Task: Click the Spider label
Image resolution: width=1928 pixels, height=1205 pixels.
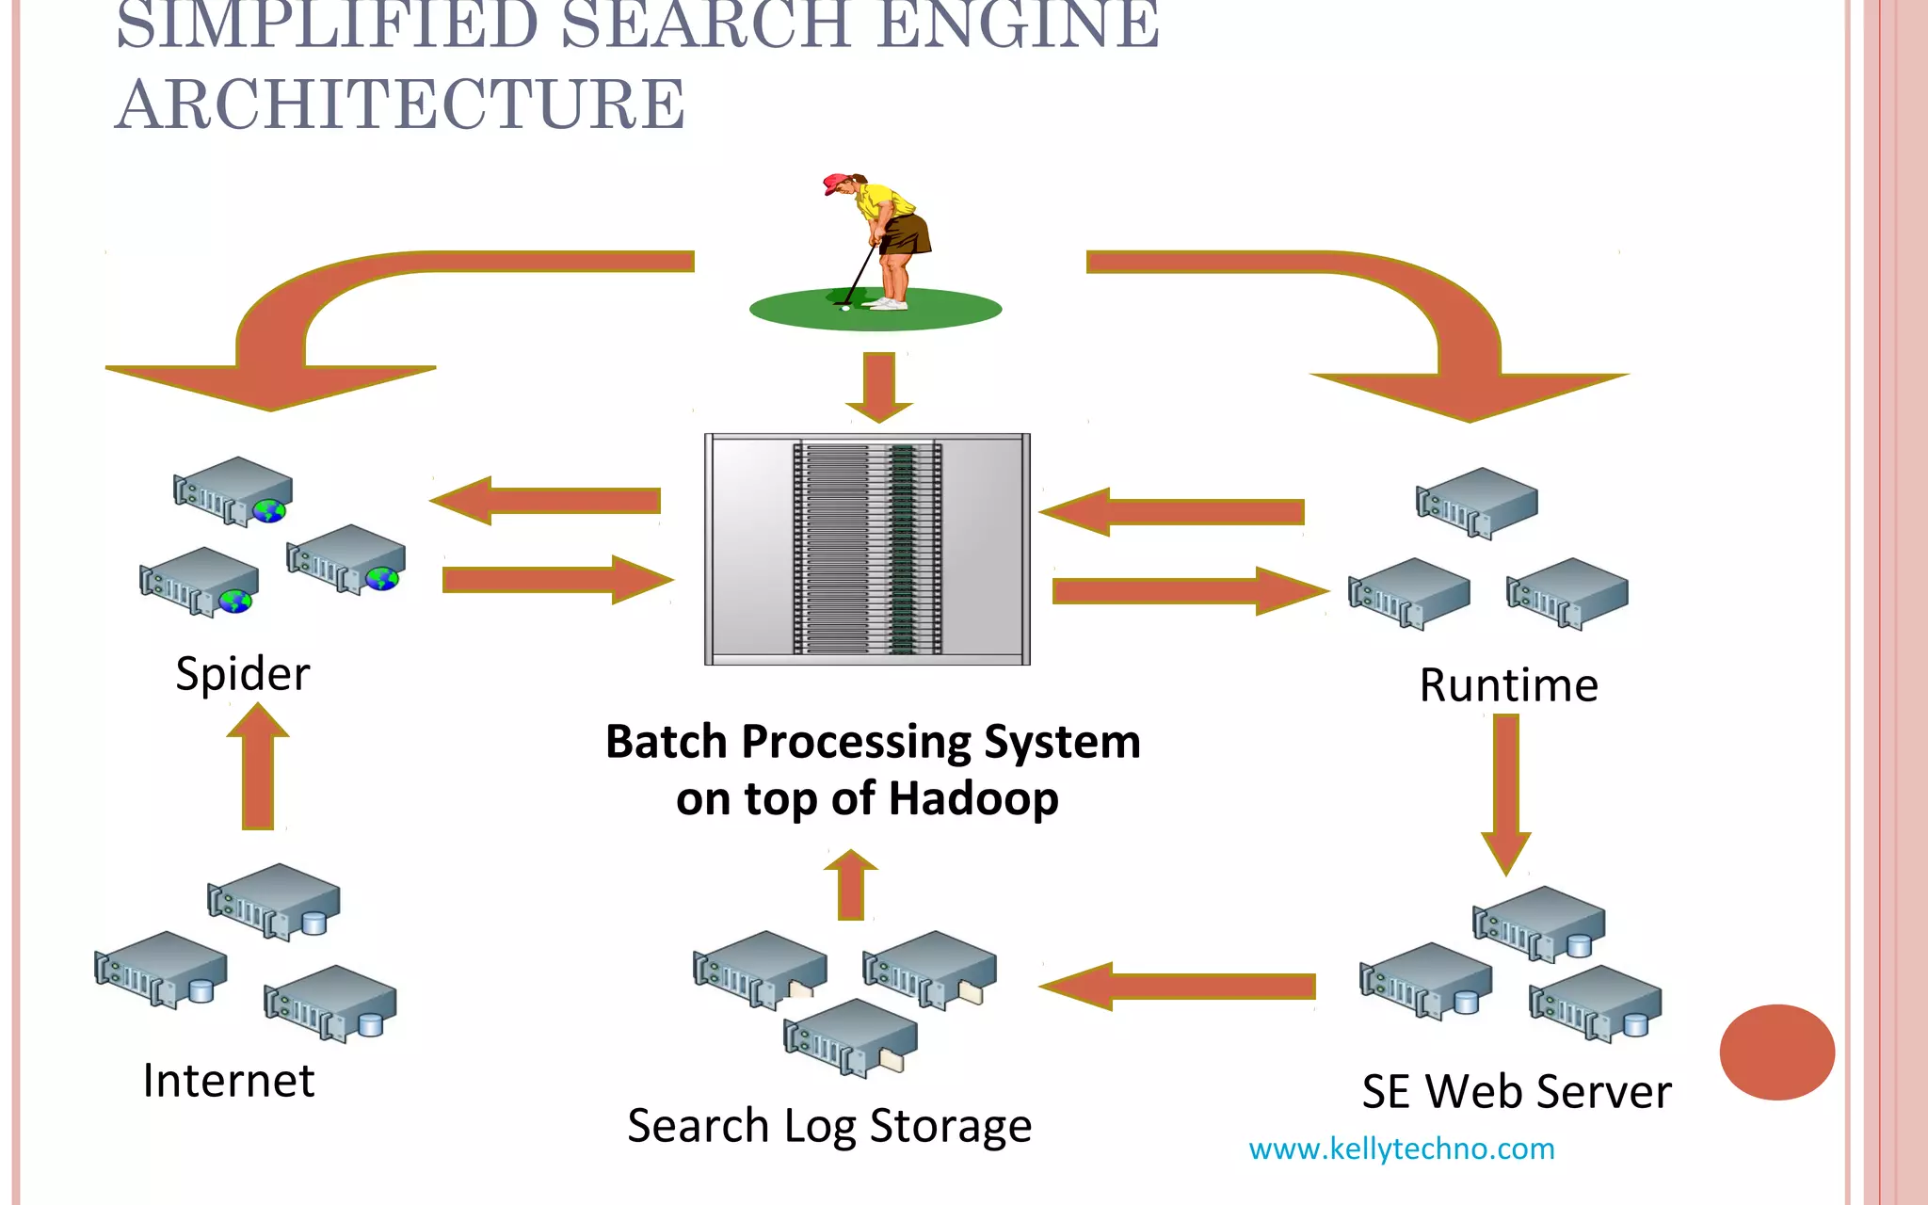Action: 242,674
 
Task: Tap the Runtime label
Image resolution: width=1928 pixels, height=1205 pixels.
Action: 1508,685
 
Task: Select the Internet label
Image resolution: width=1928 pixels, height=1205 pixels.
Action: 228,1081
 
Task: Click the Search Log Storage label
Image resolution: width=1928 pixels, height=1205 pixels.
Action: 829,1126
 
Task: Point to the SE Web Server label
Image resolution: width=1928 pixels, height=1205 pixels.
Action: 1517,1092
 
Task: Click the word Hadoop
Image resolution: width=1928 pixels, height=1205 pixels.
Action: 973,798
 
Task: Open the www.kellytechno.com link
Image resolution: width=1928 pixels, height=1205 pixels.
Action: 1401,1149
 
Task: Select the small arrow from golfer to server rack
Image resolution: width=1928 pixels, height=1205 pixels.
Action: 879,386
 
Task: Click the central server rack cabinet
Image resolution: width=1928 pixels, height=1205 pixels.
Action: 867,549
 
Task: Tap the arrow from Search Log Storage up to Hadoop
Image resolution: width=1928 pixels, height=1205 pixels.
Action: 851,885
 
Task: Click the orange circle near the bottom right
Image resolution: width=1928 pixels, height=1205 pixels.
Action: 1776,1052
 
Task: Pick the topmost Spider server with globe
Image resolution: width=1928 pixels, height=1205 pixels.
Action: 233,490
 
